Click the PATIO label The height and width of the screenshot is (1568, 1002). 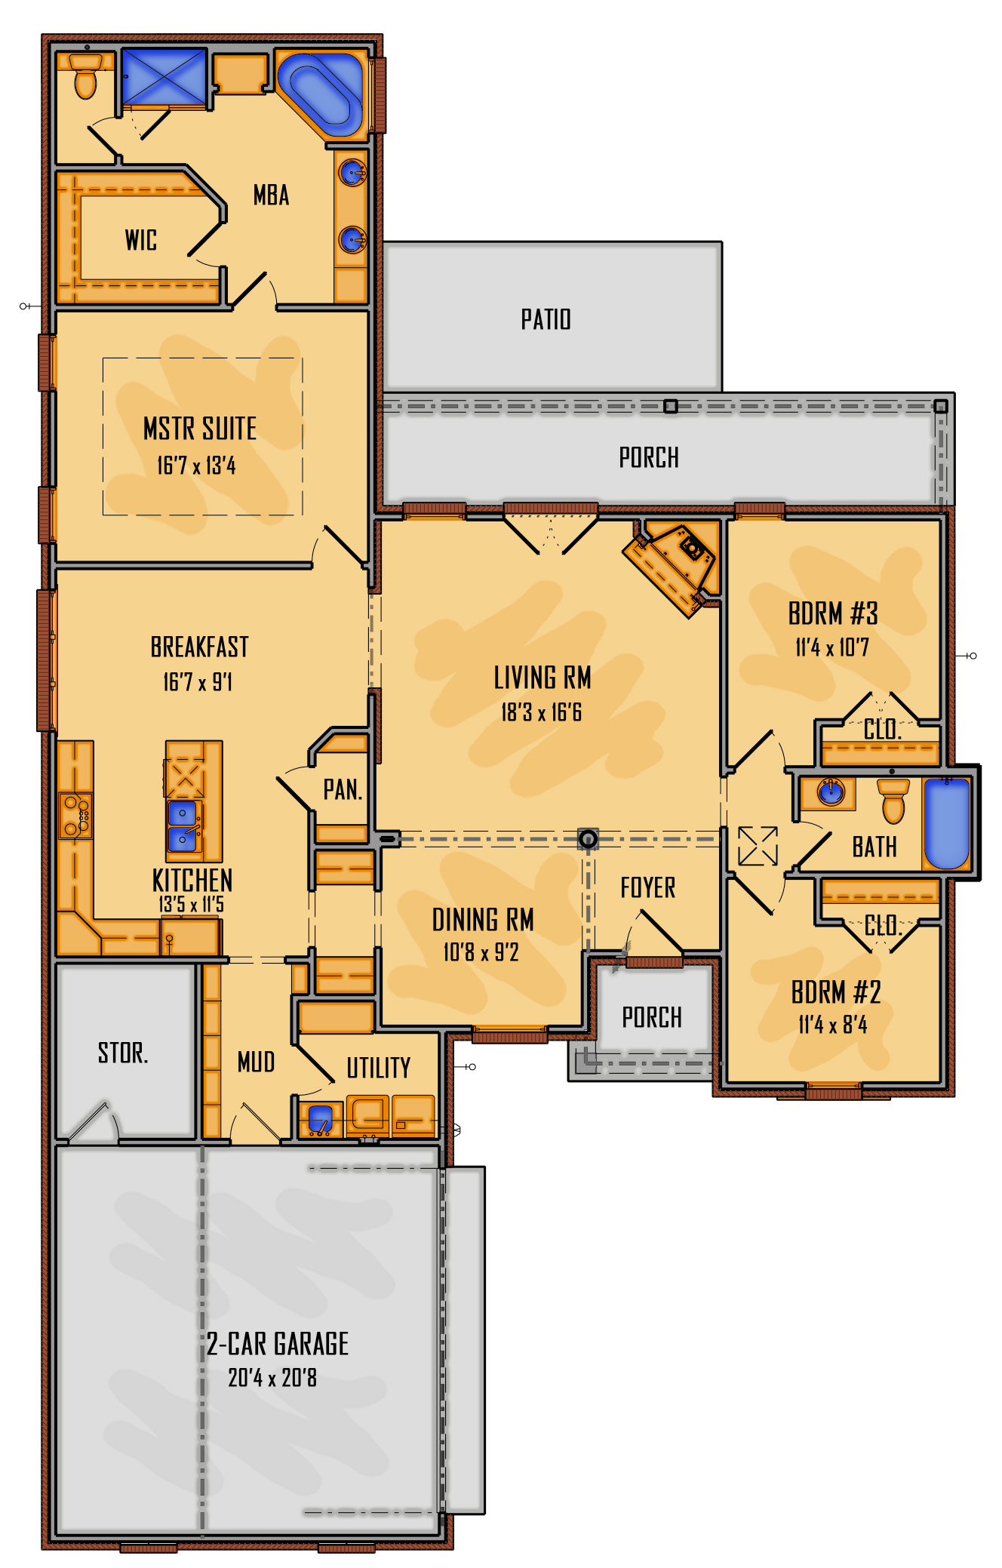pyautogui.click(x=546, y=319)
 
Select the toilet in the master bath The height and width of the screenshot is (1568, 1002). pyautogui.click(x=85, y=75)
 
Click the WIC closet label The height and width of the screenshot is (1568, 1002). pyautogui.click(x=141, y=240)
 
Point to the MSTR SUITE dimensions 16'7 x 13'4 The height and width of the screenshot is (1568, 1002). pyautogui.click(x=196, y=466)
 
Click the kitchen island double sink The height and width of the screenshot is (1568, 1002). pyautogui.click(x=184, y=826)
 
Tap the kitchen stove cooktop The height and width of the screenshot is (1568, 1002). pyautogui.click(x=75, y=816)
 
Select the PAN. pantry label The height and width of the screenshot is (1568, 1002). pyautogui.click(x=343, y=790)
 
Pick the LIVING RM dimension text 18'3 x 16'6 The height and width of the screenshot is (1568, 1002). pyautogui.click(x=542, y=712)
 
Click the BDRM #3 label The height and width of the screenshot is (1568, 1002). pyautogui.click(x=833, y=613)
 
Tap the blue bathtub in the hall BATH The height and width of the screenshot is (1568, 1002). pyautogui.click(x=947, y=823)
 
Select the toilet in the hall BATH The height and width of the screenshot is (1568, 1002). pyautogui.click(x=893, y=800)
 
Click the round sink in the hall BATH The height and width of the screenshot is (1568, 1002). pyautogui.click(x=831, y=792)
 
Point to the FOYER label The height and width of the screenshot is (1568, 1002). pyautogui.click(x=648, y=887)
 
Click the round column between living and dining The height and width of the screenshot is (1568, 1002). pyautogui.click(x=588, y=838)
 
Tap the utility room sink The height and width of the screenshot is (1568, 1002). pyautogui.click(x=321, y=1118)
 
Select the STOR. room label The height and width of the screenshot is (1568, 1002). pyautogui.click(x=123, y=1053)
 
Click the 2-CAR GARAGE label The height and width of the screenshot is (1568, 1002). pyautogui.click(x=278, y=1344)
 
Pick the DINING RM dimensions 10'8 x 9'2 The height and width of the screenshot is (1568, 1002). pyautogui.click(x=481, y=952)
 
